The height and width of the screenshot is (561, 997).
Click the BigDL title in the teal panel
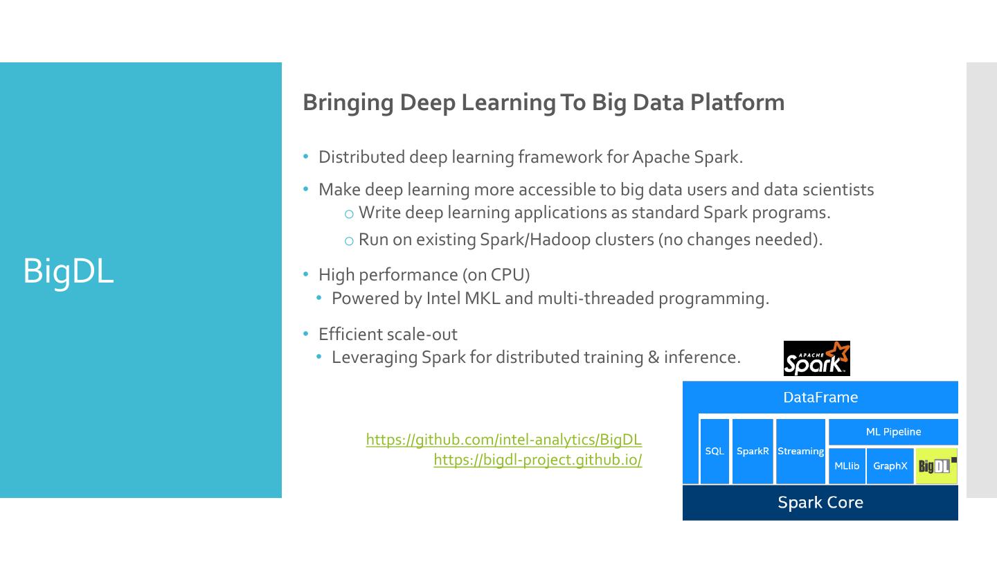pyautogui.click(x=68, y=271)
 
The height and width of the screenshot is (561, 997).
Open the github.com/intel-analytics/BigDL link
pyautogui.click(x=503, y=439)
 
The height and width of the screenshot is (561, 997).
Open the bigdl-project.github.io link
pyautogui.click(x=537, y=459)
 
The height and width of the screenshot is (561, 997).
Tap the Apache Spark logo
pyautogui.click(x=816, y=359)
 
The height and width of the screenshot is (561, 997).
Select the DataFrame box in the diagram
pyautogui.click(x=820, y=398)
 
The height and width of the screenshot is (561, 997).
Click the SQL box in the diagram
pyautogui.click(x=715, y=452)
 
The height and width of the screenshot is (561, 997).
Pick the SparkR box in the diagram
pyautogui.click(x=753, y=452)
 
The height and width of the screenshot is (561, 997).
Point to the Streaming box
pyautogui.click(x=800, y=452)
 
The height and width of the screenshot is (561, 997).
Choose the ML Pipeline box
pyautogui.click(x=893, y=432)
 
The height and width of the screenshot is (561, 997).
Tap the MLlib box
pyautogui.click(x=847, y=466)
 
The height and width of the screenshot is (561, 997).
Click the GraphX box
pyautogui.click(x=890, y=466)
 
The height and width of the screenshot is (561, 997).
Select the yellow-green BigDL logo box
pyautogui.click(x=936, y=466)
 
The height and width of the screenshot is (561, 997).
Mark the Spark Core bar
pyautogui.click(x=820, y=502)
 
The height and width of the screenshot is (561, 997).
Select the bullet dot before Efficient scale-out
pyautogui.click(x=306, y=334)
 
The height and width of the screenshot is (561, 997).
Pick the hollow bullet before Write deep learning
pyautogui.click(x=349, y=214)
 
